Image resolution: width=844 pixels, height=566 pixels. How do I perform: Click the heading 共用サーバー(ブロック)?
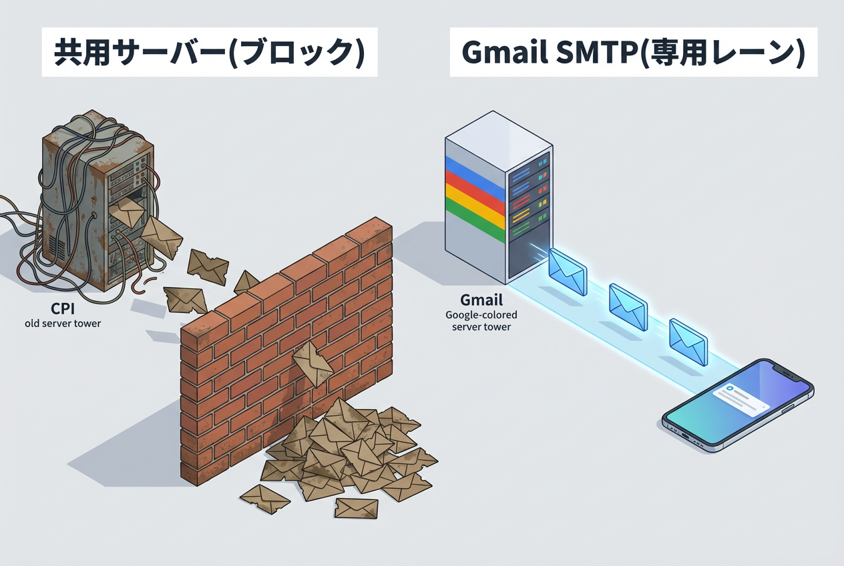210,52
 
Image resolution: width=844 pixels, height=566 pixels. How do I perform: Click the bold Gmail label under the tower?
480,300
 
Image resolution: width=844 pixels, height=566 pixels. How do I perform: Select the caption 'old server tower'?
61,324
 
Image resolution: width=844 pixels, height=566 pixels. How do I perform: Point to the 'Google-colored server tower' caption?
480,320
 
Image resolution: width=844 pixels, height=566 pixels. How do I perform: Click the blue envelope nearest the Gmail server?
567,272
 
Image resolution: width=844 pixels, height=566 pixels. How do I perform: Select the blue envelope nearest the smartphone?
688,340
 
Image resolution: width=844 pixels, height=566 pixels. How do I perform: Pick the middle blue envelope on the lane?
628,306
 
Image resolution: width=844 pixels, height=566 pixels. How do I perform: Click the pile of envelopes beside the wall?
347,447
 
